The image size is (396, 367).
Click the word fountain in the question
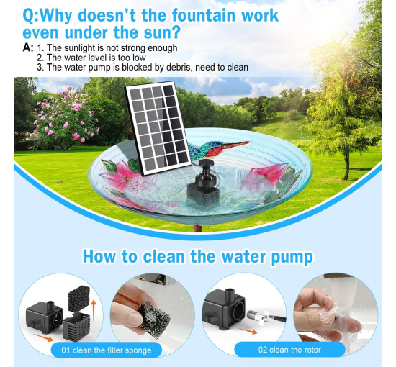point(204,16)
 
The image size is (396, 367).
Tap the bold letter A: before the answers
point(28,47)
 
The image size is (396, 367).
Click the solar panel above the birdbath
point(158,127)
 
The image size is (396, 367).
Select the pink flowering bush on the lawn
point(65,119)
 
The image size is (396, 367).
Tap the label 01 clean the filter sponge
point(107,350)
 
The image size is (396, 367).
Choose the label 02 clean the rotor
point(289,350)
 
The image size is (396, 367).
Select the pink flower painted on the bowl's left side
point(122,175)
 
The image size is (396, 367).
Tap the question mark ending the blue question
point(176,32)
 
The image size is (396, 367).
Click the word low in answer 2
point(139,58)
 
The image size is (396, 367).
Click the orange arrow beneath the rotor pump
point(247,330)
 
